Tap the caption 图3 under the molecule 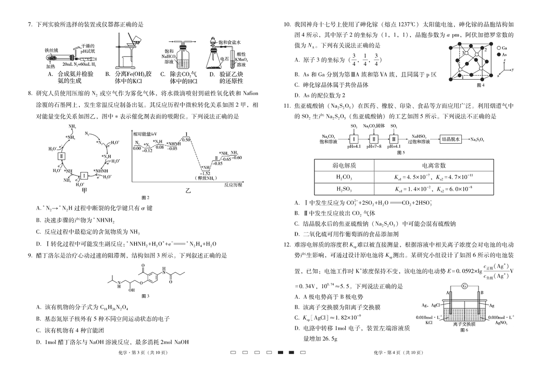[x=146, y=296]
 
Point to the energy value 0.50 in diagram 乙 [x=186, y=139]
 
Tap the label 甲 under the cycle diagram [x=84, y=190]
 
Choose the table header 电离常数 [x=434, y=166]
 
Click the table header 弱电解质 [x=344, y=166]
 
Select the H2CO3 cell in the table [x=344, y=178]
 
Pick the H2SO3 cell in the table [x=344, y=189]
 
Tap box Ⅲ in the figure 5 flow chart [x=394, y=139]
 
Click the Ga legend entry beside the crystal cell [x=501, y=48]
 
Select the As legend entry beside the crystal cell [x=501, y=55]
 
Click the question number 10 [x=287, y=24]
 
